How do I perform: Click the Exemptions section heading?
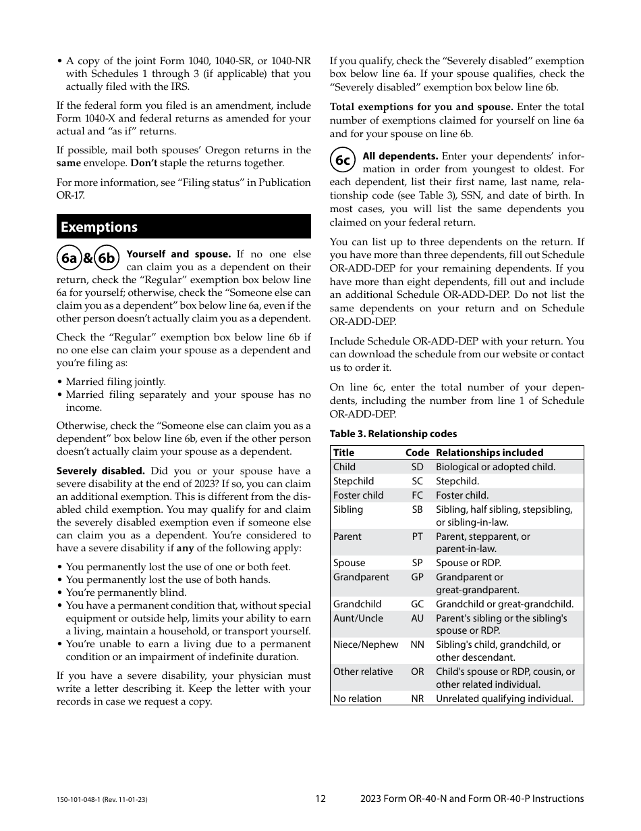click(x=99, y=227)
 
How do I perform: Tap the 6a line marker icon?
click(x=69, y=258)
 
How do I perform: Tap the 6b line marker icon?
click(x=106, y=258)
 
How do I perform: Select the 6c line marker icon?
click(x=343, y=160)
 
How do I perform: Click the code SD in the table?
click(x=417, y=467)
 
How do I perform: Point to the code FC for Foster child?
click(x=417, y=495)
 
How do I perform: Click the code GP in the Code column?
click(x=417, y=577)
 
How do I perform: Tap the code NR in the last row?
click(x=417, y=699)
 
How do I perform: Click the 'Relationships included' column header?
click(x=489, y=453)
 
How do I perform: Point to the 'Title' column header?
click(x=343, y=453)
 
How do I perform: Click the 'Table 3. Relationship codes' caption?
click(x=393, y=434)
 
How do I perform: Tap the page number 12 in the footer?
click(x=320, y=799)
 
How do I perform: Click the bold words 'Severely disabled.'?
click(x=101, y=471)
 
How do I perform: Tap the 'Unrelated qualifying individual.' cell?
click(x=504, y=699)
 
